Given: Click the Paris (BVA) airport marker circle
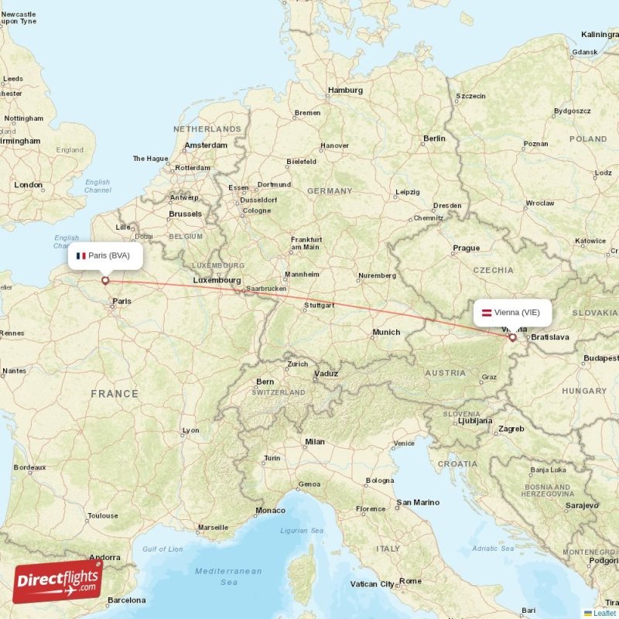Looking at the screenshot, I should point(105,281).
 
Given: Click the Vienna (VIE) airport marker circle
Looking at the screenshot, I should point(512,337).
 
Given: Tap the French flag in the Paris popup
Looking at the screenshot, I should point(80,255).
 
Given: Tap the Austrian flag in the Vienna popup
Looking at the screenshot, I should point(487,313).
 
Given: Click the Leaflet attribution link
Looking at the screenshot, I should point(604,613).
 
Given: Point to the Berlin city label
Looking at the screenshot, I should point(434,139).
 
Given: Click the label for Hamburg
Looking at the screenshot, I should point(345,91).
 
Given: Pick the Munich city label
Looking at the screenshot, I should point(386,333).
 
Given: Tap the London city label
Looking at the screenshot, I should point(29,185).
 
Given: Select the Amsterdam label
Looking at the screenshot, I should point(206,145).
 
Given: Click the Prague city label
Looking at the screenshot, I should point(467,248).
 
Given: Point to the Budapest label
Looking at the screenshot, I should point(601,358).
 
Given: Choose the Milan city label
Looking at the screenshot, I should point(314,442).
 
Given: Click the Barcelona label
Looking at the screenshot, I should point(126,600).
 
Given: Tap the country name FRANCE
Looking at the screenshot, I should point(115,394).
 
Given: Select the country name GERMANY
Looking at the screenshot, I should point(330,191).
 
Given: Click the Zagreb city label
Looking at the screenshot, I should point(511,429).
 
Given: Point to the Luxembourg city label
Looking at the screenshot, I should point(217,280).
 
